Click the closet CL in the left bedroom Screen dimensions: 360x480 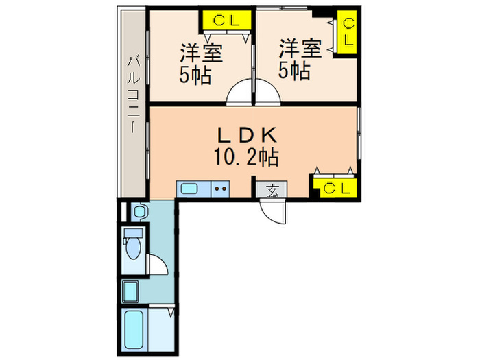(x=226, y=21)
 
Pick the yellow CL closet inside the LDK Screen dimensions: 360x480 (x=335, y=187)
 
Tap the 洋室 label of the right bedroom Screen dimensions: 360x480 (x=300, y=49)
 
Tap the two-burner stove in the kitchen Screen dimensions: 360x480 (x=220, y=189)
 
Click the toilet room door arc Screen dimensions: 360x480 (x=156, y=265)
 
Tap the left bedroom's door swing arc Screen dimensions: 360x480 (x=239, y=93)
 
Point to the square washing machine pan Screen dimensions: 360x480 (x=132, y=293)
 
